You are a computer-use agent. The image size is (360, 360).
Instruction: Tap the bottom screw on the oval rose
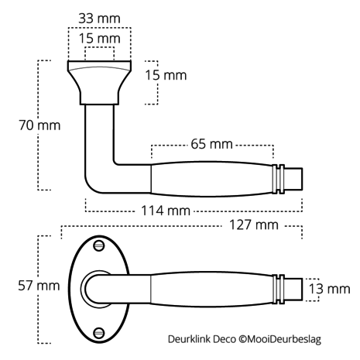click(x=99, y=333)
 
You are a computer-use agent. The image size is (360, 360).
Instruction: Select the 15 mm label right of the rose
click(x=165, y=75)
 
